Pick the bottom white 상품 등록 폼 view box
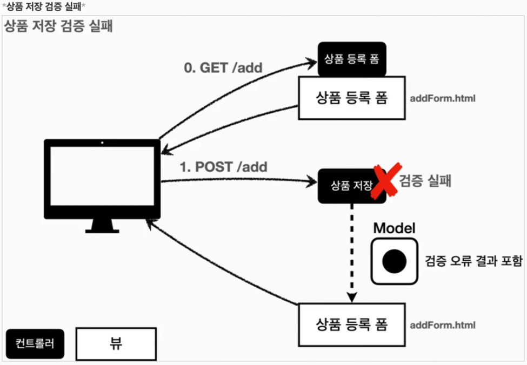click(x=351, y=324)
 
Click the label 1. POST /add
click(x=224, y=167)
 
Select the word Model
click(x=395, y=228)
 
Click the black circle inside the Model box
click(x=394, y=261)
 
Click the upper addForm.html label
click(x=443, y=99)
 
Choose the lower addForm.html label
click(x=443, y=325)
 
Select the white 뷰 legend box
click(x=115, y=343)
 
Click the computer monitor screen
click(x=102, y=179)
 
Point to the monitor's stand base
click(x=102, y=229)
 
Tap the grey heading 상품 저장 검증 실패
click(x=58, y=27)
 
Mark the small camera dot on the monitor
click(x=102, y=143)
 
